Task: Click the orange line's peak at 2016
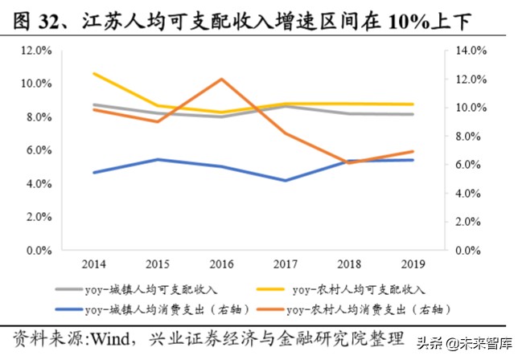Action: [x=222, y=79]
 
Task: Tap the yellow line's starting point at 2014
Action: [x=95, y=73]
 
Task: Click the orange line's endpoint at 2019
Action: [x=413, y=151]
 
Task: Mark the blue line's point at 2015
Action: [x=158, y=159]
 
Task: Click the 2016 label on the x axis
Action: [x=222, y=264]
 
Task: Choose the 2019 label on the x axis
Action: [x=413, y=264]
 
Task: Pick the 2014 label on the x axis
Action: [x=95, y=264]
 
